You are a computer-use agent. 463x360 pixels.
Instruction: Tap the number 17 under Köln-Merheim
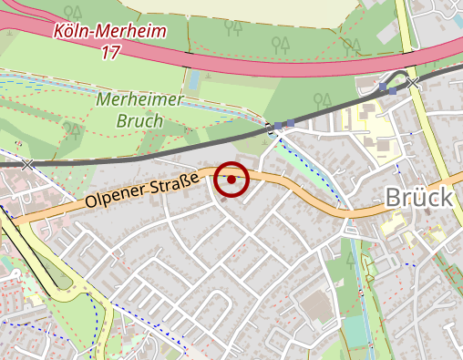click(x=110, y=52)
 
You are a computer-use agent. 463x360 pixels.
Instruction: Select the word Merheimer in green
click(x=139, y=100)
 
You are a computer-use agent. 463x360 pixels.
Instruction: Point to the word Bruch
click(x=139, y=119)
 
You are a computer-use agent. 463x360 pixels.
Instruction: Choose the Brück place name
click(x=419, y=197)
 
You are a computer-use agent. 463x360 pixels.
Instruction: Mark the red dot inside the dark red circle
click(x=232, y=180)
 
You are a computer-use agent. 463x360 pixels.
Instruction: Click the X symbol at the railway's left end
click(x=27, y=164)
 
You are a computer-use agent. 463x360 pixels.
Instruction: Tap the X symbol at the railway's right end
click(x=414, y=82)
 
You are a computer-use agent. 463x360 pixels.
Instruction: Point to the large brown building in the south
click(x=314, y=308)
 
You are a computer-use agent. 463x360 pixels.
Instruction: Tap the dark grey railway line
click(x=182, y=148)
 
